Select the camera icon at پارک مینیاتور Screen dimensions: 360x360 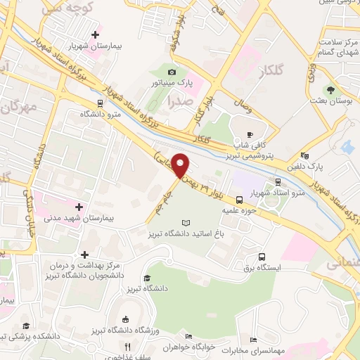(172, 72)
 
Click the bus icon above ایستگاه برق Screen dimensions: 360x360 (262, 257)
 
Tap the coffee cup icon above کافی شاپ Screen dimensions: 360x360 (250, 134)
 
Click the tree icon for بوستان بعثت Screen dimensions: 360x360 (330, 89)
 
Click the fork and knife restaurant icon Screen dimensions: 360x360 (127, 347)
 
